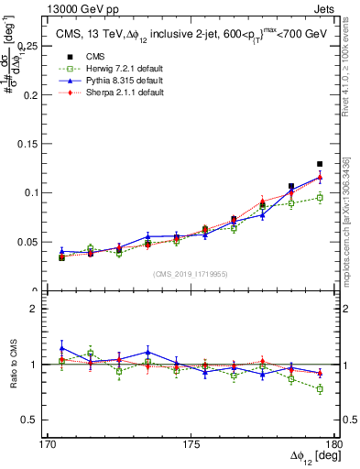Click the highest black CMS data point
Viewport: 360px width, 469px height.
coord(320,164)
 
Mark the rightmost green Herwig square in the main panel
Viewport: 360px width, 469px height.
coord(320,197)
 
